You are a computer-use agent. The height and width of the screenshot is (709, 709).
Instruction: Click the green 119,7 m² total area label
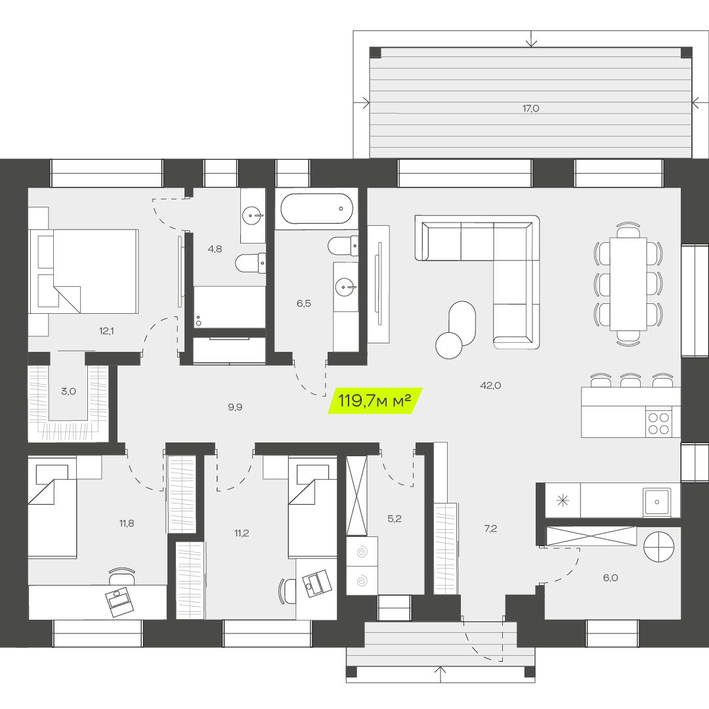(x=375, y=400)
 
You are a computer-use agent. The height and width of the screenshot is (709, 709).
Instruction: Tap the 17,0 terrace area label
(x=531, y=108)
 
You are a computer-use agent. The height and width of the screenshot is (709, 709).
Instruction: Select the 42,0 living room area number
(x=490, y=386)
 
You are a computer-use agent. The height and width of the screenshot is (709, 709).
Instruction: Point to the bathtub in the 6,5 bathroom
(x=316, y=209)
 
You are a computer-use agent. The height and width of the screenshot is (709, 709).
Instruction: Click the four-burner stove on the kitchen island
(x=659, y=422)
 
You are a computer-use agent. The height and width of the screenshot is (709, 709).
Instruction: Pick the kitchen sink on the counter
(x=657, y=502)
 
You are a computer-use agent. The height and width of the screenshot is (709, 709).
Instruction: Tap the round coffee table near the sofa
(x=448, y=345)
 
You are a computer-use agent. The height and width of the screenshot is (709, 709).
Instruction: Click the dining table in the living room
(x=628, y=284)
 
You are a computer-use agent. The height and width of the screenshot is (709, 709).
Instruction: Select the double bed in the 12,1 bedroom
(x=83, y=271)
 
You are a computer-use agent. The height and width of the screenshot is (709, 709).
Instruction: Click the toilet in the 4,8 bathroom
(x=250, y=263)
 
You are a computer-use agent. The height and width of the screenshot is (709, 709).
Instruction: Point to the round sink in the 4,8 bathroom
(x=252, y=216)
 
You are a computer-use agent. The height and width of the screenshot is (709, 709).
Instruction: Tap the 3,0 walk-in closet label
(x=69, y=391)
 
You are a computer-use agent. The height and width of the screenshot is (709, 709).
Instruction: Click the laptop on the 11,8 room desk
(x=120, y=602)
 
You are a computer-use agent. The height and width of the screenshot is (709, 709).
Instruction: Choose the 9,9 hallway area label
(x=235, y=408)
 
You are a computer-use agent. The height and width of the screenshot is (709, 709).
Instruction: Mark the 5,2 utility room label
(x=395, y=519)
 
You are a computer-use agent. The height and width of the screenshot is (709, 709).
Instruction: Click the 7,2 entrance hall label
(x=490, y=528)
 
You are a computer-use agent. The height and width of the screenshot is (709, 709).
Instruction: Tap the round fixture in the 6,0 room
(x=659, y=547)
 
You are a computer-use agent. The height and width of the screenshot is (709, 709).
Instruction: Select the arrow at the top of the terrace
(x=531, y=39)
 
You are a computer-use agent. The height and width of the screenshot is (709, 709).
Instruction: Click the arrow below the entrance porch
(x=440, y=674)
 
